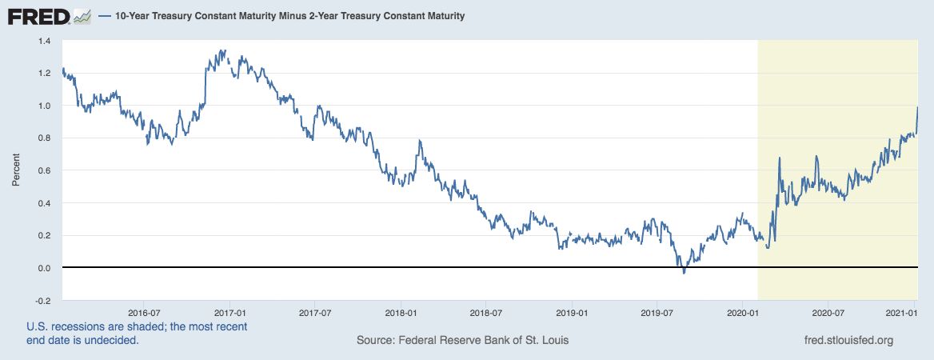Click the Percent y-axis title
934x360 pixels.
(x=16, y=170)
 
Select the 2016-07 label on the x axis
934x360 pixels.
(x=145, y=312)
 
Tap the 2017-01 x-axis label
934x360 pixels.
(x=230, y=312)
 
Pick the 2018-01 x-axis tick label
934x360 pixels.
(x=401, y=312)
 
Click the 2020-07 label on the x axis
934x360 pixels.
(x=828, y=312)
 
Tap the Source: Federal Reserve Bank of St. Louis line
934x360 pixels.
(x=463, y=341)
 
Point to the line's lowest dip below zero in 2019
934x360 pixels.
(x=684, y=273)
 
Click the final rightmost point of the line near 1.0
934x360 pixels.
(x=917, y=107)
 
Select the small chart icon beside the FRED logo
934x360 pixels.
(x=82, y=16)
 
